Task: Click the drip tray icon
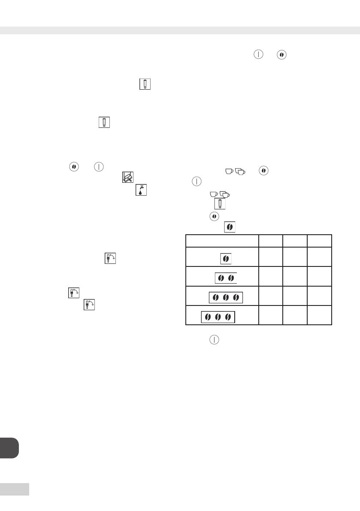pos(128,176)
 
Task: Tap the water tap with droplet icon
pos(141,190)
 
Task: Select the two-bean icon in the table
pos(226,278)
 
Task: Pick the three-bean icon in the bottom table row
pos(218,317)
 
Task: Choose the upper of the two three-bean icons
pos(226,297)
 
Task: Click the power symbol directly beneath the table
pos(213,339)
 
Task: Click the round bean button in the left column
pos(73,166)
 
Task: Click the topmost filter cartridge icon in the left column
pos(145,84)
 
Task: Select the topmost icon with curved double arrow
pos(110,259)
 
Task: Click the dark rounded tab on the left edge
pos(9,448)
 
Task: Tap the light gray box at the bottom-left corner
pos(15,489)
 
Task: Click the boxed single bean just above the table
pos(230,227)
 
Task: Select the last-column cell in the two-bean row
pos(319,276)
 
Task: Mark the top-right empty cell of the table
pos(319,241)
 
